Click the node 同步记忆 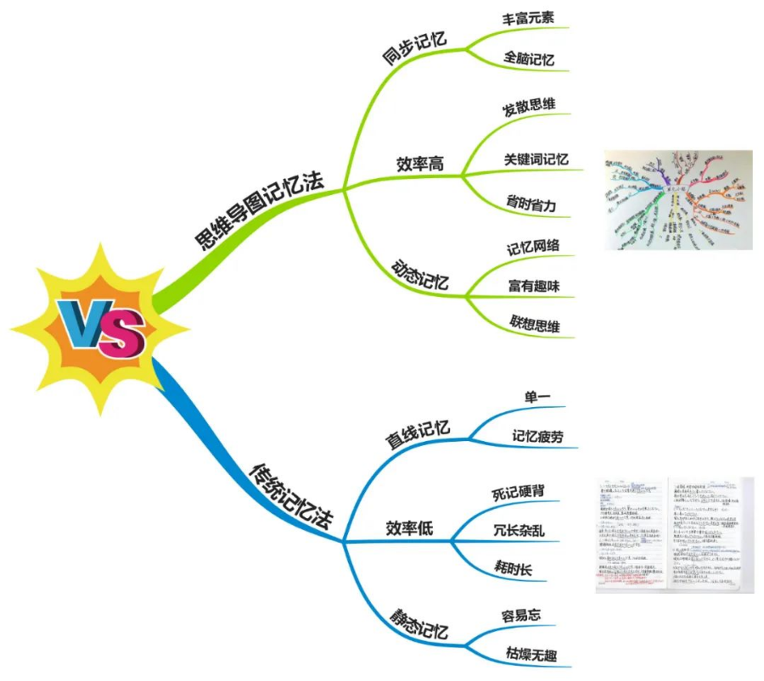[415, 48]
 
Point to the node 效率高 [419, 164]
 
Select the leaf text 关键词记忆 [536, 159]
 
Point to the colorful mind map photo [677, 200]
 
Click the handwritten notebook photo [674, 533]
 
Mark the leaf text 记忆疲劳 [537, 436]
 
